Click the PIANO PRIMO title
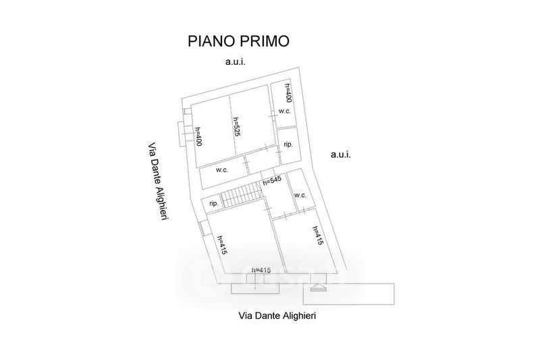point(238,41)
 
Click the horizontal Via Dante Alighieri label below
point(277,315)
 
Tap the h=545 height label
point(271,180)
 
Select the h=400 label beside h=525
point(198,136)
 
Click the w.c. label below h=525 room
point(222,170)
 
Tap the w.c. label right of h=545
point(300,195)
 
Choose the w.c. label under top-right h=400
point(284,111)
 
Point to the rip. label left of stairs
point(213,203)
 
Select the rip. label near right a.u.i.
point(288,144)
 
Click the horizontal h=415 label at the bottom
point(261,270)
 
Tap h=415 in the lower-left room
point(221,243)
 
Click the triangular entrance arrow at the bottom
point(317,288)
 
